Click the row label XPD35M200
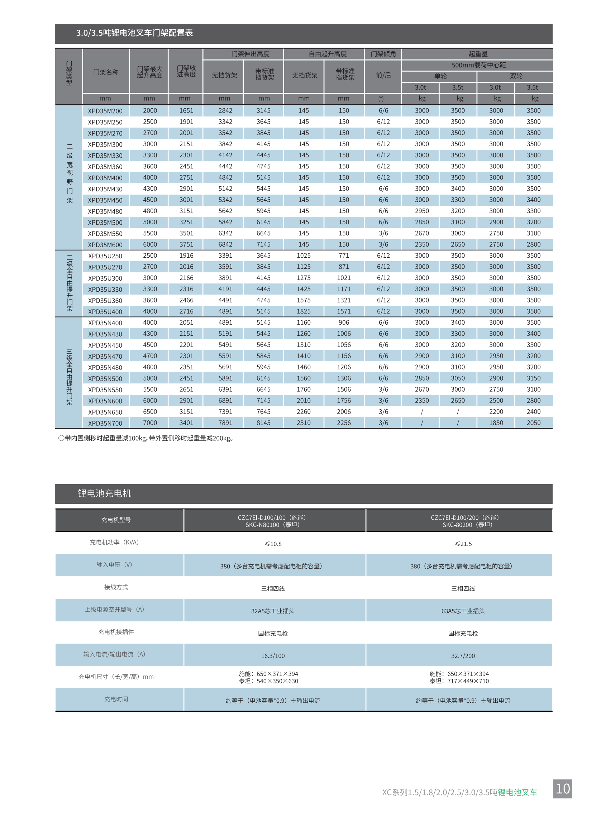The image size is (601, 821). [105, 111]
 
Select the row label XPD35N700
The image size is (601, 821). [105, 423]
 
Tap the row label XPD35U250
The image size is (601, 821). [105, 256]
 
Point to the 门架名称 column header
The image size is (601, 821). [106, 72]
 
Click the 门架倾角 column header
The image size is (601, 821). [383, 54]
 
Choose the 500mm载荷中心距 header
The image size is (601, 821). [478, 65]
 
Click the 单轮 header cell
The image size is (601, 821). [440, 76]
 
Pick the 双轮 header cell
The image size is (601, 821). [516, 76]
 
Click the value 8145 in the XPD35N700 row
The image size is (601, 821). [263, 423]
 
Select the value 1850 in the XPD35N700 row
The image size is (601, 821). [496, 423]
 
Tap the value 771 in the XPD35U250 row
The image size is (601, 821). [343, 256]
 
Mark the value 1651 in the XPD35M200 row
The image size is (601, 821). [186, 111]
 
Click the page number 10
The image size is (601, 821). [562, 788]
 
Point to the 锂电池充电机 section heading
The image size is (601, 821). [104, 493]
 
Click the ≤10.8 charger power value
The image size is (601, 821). [273, 544]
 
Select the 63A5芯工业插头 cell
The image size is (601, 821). [463, 611]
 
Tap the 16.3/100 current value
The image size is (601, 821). [273, 656]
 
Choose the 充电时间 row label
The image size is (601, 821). [116, 699]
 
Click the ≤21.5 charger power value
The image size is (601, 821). [463, 544]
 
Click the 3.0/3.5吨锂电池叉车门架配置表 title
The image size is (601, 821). [135, 33]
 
